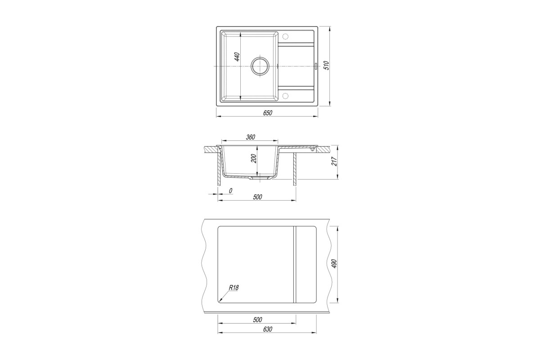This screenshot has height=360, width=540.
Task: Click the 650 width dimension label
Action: pyautogui.click(x=268, y=113)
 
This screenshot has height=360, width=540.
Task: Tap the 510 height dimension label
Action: pyautogui.click(x=326, y=65)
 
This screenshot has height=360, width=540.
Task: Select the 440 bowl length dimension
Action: pyautogui.click(x=237, y=56)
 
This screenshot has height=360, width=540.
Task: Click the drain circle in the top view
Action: pyautogui.click(x=260, y=66)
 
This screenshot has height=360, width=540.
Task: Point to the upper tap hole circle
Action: pyautogui.click(x=285, y=36)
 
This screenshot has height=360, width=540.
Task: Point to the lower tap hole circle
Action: pyautogui.click(x=285, y=96)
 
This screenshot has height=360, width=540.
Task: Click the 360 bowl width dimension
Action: pyautogui.click(x=251, y=137)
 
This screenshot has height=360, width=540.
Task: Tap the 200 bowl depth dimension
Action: pyautogui.click(x=254, y=158)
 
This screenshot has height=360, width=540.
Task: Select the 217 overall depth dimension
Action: pyautogui.click(x=334, y=161)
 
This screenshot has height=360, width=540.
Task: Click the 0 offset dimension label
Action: pyautogui.click(x=230, y=191)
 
